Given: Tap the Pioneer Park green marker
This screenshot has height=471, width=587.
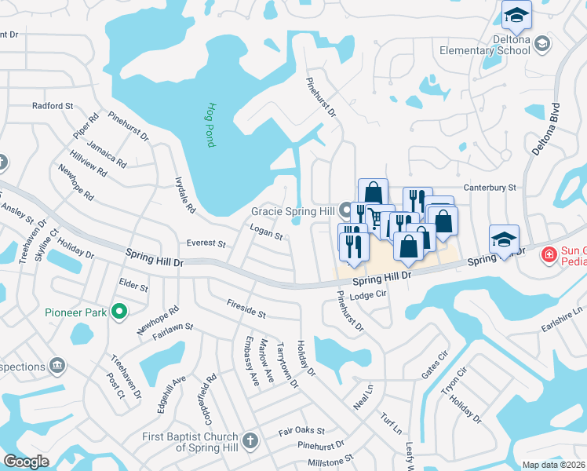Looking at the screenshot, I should tap(118, 312).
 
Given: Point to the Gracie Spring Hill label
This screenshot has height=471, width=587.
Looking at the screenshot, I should tap(293, 212).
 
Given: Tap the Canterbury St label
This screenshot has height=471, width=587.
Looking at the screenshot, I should tap(490, 188).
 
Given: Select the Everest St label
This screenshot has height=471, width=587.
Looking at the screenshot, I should tap(205, 243).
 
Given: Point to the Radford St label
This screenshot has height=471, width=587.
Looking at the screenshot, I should tap(53, 105).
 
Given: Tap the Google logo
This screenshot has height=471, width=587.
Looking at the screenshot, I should tap(27, 462).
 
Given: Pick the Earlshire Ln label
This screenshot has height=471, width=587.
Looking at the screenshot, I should tap(563, 320).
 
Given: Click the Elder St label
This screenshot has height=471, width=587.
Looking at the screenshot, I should tap(133, 283).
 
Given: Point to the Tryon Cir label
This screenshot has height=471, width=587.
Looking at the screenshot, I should tap(454, 381).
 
